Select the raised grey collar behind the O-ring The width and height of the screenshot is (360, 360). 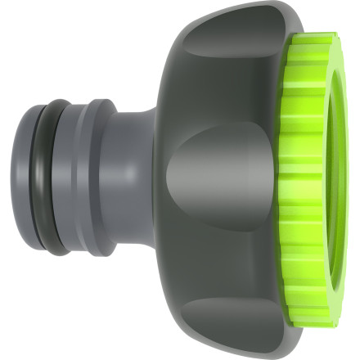[x=99, y=180]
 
